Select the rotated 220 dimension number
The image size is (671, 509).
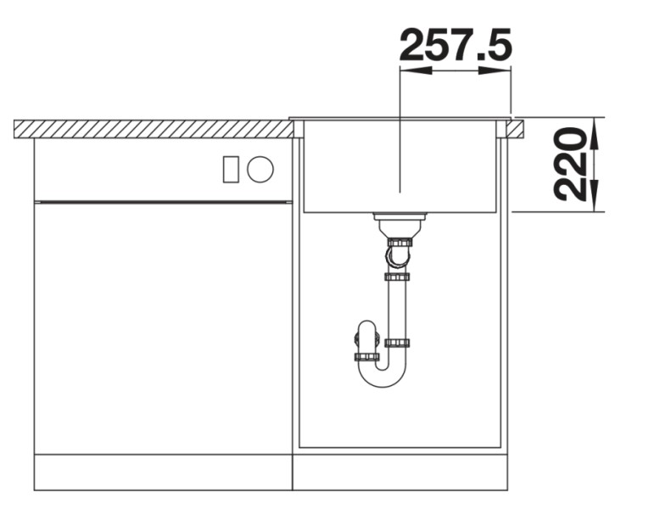[571, 164]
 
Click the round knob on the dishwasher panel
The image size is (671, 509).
[260, 170]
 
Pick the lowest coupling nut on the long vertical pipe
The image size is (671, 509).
[397, 343]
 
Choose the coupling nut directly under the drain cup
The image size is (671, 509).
[398, 243]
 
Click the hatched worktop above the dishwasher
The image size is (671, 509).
[153, 129]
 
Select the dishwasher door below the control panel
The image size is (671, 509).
[163, 327]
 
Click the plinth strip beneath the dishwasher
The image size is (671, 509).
[163, 473]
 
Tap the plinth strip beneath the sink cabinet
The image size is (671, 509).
[400, 473]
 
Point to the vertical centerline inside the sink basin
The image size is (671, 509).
[399, 161]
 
